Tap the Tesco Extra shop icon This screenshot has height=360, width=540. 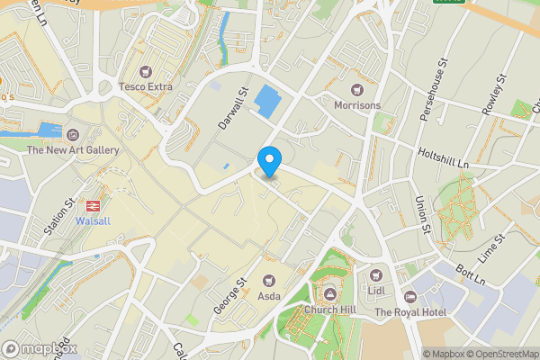click(x=146, y=71)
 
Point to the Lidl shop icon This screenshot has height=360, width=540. click(x=376, y=274)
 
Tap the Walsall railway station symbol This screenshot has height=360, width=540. click(x=93, y=204)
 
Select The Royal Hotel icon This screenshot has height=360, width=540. click(x=409, y=296)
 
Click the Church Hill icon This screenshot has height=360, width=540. click(x=329, y=295)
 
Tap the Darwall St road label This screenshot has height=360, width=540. click(x=231, y=107)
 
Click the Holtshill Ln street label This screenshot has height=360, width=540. click(x=444, y=158)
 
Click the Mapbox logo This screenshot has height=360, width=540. click(x=40, y=348)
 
